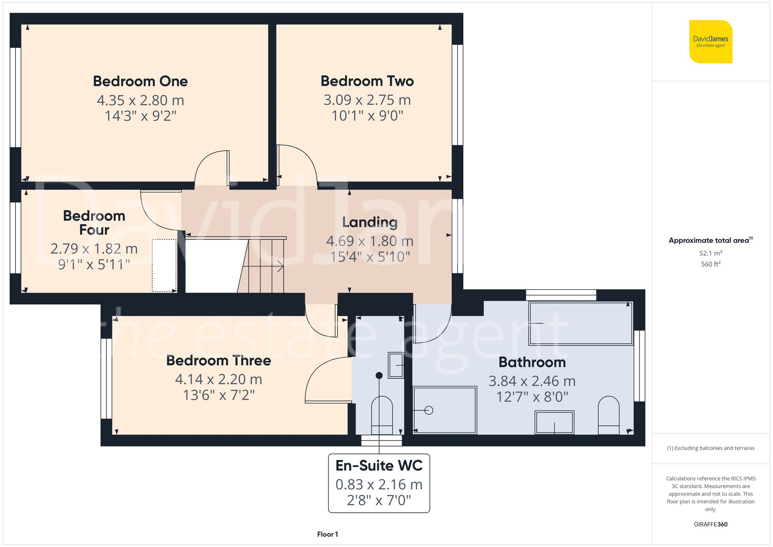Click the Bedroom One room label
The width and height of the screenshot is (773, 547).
tap(140, 81)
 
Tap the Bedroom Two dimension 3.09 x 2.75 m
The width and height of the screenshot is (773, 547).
tap(367, 100)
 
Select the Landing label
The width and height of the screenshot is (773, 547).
tap(370, 222)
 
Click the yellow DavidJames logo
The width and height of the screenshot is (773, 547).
tap(710, 42)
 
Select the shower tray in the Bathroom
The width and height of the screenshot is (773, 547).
tap(444, 410)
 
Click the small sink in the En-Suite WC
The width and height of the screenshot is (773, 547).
tap(395, 365)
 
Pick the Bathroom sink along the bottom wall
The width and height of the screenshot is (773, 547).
tap(554, 422)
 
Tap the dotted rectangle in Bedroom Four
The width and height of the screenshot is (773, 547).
tap(164, 265)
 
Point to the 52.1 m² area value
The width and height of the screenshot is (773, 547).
tap(710, 253)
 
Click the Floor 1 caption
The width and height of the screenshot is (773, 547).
tap(327, 534)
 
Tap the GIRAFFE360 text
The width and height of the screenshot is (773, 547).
tap(710, 524)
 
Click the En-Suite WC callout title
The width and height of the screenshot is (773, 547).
tap(379, 465)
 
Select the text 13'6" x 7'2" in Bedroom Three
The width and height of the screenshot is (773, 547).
tap(219, 395)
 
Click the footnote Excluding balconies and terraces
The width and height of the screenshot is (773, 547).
tap(710, 448)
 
